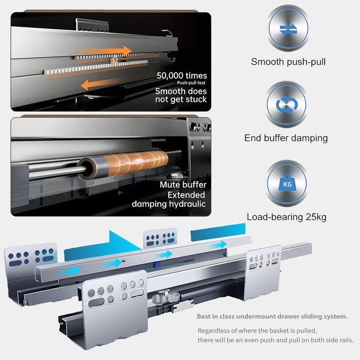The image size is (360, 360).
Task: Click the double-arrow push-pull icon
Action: pos(289,30)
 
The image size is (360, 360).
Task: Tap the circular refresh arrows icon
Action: pos(287,105)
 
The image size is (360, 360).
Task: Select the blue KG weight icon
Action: pos(287,183)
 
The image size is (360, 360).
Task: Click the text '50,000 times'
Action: pos(182,76)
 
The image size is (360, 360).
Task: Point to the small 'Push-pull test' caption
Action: pos(191,83)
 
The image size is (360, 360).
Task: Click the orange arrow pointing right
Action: pos(105,51)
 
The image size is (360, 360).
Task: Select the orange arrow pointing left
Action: pos(103,84)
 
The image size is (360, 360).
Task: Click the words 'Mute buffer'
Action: pos(183,185)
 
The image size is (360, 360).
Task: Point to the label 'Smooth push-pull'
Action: pos(288,62)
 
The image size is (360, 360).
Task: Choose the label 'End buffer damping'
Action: pos(286,138)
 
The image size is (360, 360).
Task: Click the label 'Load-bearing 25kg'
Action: pos(286,217)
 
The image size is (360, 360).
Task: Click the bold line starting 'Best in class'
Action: pos(272,316)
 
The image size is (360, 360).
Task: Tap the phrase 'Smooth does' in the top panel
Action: pos(181,91)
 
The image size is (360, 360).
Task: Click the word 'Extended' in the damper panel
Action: pos(186,195)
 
